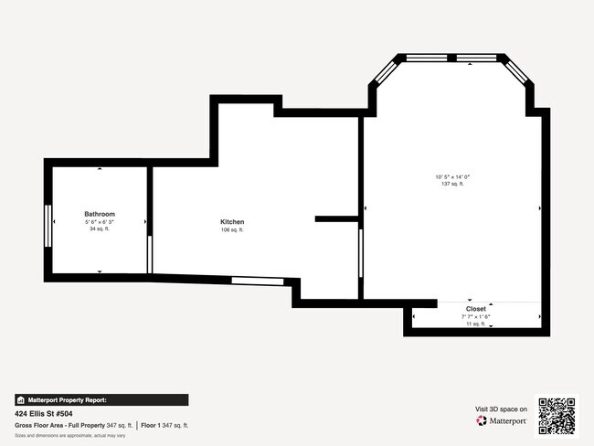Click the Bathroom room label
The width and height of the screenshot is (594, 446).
coord(100,214)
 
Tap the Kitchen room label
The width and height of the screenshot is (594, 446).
coord(232,222)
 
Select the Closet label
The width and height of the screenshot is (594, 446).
coord(476,309)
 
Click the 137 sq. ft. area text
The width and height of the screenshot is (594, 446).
coord(452,184)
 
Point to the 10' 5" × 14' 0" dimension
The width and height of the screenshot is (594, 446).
coord(452,176)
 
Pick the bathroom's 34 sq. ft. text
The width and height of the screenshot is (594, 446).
coord(100,228)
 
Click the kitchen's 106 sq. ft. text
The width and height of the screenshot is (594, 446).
coord(232,230)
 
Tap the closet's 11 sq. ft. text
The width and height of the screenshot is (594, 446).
coord(476,324)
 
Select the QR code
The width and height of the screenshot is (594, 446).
coord(557,416)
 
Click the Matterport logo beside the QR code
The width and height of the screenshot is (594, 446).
coord(502,421)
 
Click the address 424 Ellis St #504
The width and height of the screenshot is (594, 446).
coord(45,413)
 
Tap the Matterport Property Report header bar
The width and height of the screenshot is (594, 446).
coord(101,399)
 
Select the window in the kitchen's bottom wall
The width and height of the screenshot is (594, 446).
coord(256,280)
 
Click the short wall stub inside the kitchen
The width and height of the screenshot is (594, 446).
coord(336,218)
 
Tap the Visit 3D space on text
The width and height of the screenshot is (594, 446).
coord(502,409)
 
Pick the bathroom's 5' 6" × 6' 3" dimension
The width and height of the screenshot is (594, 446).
coord(100,222)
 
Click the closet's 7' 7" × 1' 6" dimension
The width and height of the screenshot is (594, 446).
coord(476,316)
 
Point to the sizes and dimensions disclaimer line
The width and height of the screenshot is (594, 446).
coord(70,435)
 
